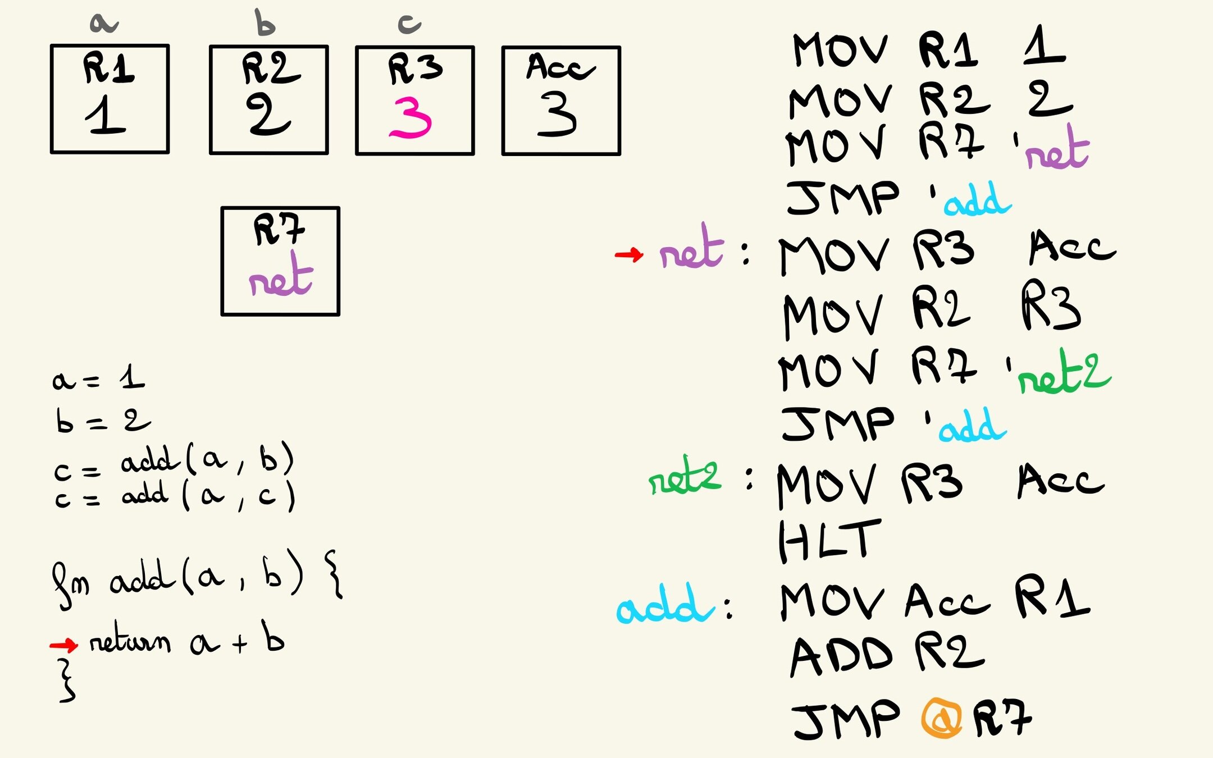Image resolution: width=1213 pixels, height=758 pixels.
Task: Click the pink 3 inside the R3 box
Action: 411,118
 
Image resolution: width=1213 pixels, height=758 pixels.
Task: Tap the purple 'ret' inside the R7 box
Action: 281,276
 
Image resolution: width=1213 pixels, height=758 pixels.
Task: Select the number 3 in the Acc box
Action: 557,115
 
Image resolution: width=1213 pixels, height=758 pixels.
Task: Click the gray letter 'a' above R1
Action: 104,24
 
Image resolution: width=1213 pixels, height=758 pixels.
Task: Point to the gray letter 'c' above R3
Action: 409,24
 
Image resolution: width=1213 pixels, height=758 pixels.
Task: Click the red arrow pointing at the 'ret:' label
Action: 628,255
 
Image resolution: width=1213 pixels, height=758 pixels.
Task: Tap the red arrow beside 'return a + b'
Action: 63,645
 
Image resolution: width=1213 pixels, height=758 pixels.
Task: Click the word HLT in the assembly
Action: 829,541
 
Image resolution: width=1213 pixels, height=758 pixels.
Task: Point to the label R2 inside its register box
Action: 271,69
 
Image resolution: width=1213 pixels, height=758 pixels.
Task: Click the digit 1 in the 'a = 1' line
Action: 132,377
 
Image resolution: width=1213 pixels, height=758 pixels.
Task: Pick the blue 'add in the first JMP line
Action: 977,201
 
